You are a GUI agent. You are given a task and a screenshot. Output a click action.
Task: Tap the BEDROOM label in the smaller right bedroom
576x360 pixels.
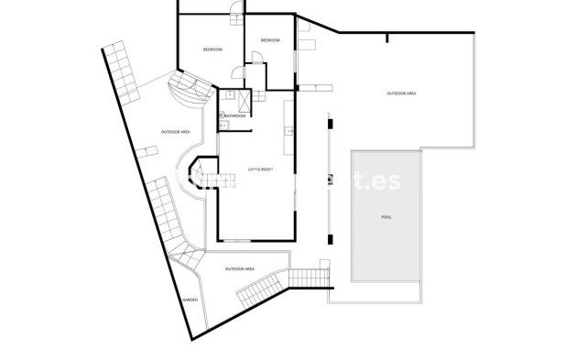(x=270, y=41)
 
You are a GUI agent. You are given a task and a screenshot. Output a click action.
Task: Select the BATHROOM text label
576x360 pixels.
(x=234, y=115)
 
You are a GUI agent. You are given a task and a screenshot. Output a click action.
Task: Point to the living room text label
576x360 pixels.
(x=262, y=169)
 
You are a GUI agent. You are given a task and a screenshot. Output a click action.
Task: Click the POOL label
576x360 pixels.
(x=386, y=217)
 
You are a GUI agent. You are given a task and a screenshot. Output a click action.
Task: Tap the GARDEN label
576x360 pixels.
(x=190, y=300)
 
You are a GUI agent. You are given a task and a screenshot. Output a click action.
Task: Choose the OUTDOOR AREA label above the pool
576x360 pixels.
(x=402, y=93)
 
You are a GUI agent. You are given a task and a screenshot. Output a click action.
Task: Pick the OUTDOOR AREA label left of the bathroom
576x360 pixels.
(x=175, y=131)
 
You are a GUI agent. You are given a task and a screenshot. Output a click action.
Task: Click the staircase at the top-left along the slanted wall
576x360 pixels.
(x=120, y=71)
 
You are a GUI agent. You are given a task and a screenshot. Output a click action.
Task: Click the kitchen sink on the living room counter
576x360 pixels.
(x=290, y=134)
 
